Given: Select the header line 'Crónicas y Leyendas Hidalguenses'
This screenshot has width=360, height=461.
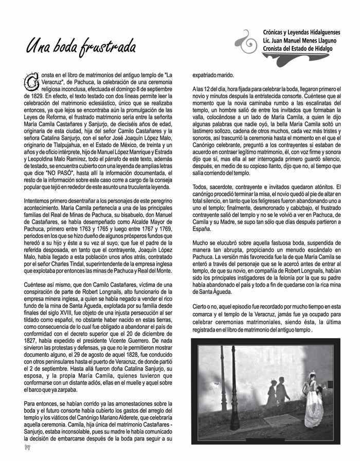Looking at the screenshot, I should tap(298, 32).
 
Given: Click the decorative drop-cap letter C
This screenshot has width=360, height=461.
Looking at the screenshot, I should tap(30, 80).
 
